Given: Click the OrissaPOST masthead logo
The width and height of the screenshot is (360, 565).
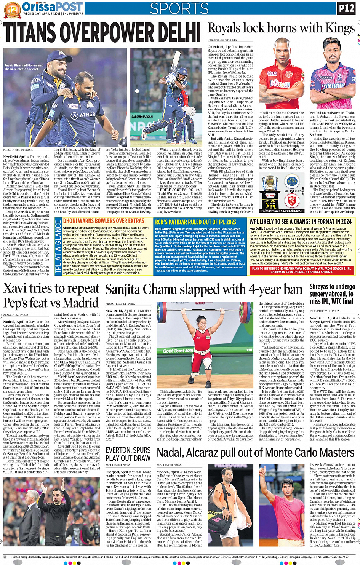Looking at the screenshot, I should point(52,6).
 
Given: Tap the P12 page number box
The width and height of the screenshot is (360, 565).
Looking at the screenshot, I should point(346,8).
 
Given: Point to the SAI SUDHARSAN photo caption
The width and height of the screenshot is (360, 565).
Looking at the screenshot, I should point(142,117).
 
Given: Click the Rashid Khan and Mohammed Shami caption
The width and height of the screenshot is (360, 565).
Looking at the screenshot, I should point(24,67).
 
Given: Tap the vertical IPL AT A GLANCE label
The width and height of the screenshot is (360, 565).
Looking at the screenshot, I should point(58,246).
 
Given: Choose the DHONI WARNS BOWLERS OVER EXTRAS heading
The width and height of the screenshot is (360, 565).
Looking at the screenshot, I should point(104,221).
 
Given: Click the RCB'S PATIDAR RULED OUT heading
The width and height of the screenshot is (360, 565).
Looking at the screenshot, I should point(195,222).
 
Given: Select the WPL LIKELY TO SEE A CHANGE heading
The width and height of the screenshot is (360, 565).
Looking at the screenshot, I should point(300,222).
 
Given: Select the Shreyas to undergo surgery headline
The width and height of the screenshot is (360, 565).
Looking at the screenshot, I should point(332,294).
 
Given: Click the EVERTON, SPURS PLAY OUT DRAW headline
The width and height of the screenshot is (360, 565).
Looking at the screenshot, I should point(128,454).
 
